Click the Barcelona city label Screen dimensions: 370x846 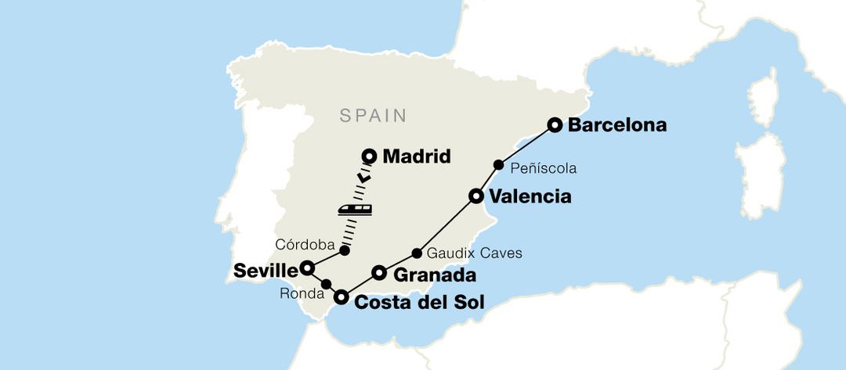coord(617,124)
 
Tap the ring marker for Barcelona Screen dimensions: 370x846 coord(555,124)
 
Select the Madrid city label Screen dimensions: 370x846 coord(416,156)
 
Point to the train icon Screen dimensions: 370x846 coord(355,208)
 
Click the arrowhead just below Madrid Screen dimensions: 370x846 coord(363,178)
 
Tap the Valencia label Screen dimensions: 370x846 coord(529,196)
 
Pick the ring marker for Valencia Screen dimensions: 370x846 coord(475,196)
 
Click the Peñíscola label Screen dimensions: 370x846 coord(543,167)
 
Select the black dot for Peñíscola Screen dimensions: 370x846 coord(498,165)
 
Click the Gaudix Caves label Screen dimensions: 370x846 coord(475,253)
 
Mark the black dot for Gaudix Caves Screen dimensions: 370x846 coord(417,253)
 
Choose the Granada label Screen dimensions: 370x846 coord(434,275)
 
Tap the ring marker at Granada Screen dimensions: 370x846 coord(379,272)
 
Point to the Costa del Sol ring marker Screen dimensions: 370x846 coord(342,296)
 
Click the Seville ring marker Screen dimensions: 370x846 coord(308,268)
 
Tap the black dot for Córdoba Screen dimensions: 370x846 coord(344,250)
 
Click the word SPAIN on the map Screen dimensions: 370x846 coord(373,116)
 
